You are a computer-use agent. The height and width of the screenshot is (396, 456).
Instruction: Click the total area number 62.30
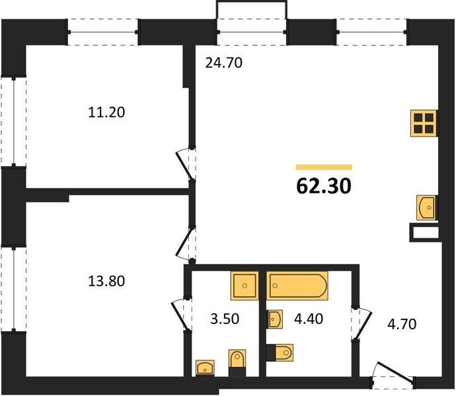[324, 186]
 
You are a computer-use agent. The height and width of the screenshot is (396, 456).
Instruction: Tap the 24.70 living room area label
[223, 63]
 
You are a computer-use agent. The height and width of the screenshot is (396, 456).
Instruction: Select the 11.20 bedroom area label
[106, 112]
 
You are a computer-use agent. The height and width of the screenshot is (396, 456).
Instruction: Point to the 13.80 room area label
[106, 281]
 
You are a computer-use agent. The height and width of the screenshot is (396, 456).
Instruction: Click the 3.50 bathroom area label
[225, 319]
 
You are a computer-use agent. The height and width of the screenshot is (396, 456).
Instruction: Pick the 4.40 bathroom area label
[309, 319]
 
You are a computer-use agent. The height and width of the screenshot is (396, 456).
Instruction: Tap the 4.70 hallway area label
[402, 324]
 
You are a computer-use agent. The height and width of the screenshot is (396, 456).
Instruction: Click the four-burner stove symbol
[424, 123]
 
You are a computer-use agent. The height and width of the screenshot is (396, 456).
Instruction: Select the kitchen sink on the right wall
[427, 207]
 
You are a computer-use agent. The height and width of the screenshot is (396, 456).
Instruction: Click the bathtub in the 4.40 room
[297, 286]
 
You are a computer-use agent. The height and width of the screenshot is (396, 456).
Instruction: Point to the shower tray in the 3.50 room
[245, 286]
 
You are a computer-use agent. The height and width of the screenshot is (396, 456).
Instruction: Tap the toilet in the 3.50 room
[237, 362]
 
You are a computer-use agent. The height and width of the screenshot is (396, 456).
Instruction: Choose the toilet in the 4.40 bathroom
[280, 352]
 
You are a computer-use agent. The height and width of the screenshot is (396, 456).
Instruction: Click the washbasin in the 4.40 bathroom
[275, 319]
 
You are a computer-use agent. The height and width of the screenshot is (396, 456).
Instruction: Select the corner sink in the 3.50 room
[205, 368]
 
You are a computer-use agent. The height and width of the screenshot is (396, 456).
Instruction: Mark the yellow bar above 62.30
[324, 167]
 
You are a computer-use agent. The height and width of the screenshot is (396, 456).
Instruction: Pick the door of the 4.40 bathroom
[361, 323]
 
